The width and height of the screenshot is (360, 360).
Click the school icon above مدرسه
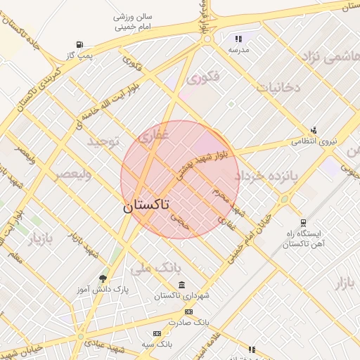[238, 39]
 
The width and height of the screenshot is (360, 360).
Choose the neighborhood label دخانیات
[278, 88]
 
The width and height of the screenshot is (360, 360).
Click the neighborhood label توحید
[105, 142]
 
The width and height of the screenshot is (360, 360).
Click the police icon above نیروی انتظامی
[314, 129]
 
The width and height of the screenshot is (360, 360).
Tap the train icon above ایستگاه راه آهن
[303, 221]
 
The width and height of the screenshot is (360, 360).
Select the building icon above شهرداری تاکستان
[182, 285]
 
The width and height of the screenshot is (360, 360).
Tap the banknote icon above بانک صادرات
[188, 311]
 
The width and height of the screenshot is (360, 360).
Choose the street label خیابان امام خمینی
[250, 233]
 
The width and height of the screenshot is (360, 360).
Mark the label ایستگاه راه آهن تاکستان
[302, 238]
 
